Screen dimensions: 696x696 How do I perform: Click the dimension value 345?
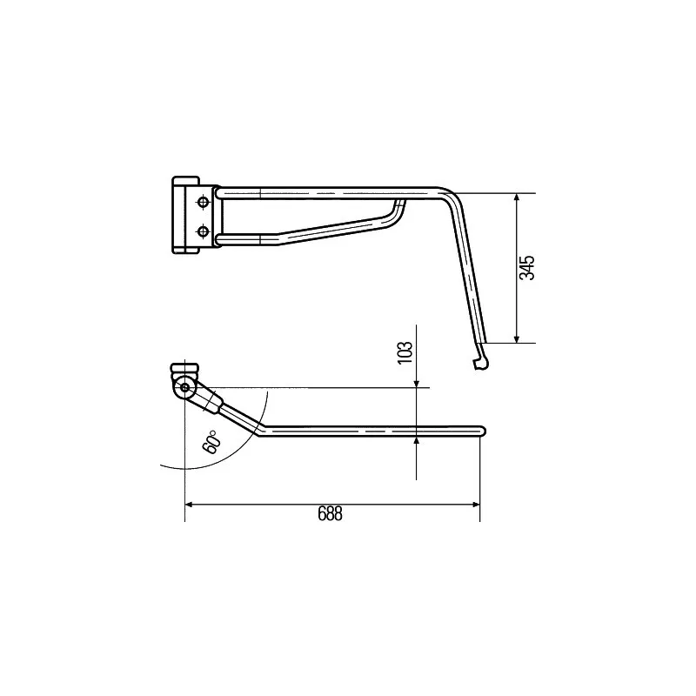[526, 267]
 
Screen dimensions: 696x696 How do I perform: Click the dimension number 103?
[405, 353]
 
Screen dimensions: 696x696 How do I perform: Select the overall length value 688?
[330, 514]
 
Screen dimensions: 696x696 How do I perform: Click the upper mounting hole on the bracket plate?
[204, 202]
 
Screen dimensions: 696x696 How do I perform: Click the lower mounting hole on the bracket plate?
[204, 231]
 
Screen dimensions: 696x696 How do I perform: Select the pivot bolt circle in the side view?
[184, 388]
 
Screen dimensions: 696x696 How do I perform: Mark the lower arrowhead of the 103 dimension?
[417, 441]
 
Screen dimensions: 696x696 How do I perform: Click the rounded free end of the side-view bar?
[482, 430]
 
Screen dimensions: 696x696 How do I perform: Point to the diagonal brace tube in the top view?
[331, 225]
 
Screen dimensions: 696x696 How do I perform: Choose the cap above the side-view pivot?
[184, 369]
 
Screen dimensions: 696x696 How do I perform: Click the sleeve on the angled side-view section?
[209, 401]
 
